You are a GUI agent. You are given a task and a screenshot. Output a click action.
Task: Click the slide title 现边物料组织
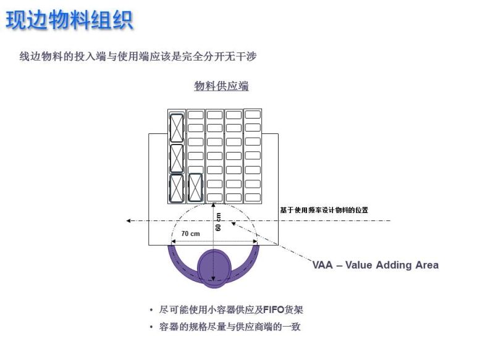click(69, 20)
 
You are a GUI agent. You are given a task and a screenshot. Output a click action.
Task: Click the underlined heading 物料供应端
click(221, 86)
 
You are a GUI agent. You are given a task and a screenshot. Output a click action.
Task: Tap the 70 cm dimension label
click(190, 233)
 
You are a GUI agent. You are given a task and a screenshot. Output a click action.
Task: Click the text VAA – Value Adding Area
click(376, 265)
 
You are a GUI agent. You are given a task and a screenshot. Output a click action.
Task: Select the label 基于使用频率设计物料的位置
click(324, 210)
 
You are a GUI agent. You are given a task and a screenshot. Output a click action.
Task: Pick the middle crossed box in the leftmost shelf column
click(177, 158)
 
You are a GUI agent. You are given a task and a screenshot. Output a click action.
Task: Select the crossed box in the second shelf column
click(196, 187)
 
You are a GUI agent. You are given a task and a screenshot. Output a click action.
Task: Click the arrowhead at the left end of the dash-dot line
click(128, 220)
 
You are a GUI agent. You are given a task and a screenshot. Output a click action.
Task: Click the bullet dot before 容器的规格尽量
click(151, 327)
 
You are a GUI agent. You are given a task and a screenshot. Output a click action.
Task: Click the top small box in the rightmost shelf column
click(253, 114)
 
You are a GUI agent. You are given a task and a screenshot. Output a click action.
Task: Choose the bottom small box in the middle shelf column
click(215, 197)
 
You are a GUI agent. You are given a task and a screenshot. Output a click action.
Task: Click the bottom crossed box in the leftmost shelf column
click(177, 188)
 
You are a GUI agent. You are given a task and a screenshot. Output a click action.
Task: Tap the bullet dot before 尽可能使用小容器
click(151, 310)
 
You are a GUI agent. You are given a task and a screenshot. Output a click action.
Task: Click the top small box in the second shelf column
click(196, 115)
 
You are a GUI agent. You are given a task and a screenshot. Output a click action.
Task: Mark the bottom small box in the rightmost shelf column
click(253, 197)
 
